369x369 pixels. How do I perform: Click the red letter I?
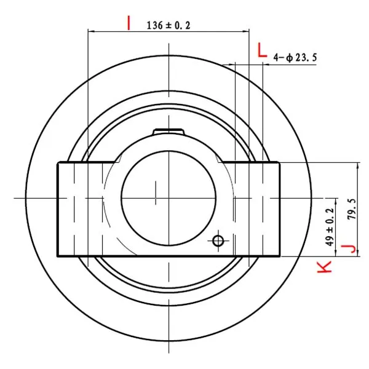tap(129, 23)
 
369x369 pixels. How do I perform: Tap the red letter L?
tap(262, 50)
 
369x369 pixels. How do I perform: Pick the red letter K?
tap(325, 267)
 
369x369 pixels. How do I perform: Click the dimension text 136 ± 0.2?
tap(169, 25)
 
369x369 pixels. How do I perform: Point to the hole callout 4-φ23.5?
tap(295, 57)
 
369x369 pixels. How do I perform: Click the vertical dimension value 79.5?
tap(352, 209)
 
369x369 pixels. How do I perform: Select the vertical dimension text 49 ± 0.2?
tap(330, 226)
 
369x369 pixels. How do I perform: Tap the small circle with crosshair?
tap(218, 240)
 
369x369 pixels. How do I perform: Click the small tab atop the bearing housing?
tap(168, 132)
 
